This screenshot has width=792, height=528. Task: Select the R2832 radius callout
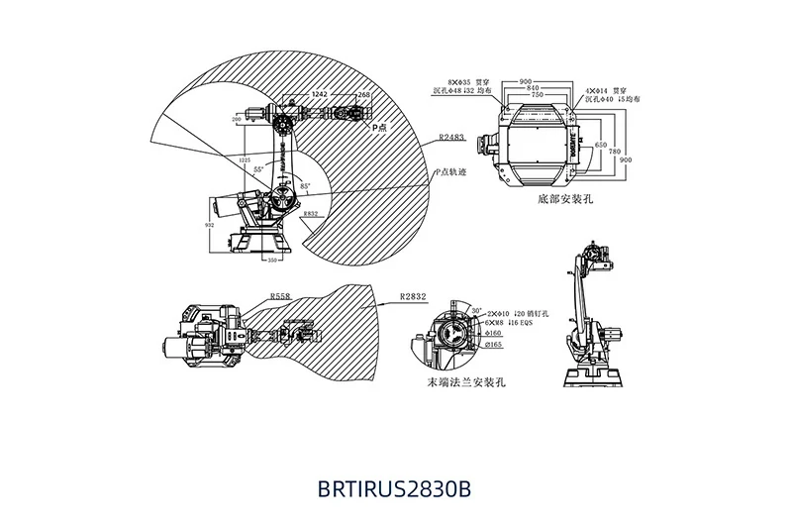click(412, 295)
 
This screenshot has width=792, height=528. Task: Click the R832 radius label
click(310, 213)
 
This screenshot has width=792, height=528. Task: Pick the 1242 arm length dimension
click(320, 94)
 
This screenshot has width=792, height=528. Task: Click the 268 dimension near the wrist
click(363, 94)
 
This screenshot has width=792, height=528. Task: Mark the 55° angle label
click(258, 170)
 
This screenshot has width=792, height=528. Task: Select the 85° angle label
click(305, 186)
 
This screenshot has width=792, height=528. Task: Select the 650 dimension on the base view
click(600, 145)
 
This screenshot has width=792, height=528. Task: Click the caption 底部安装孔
click(564, 199)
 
